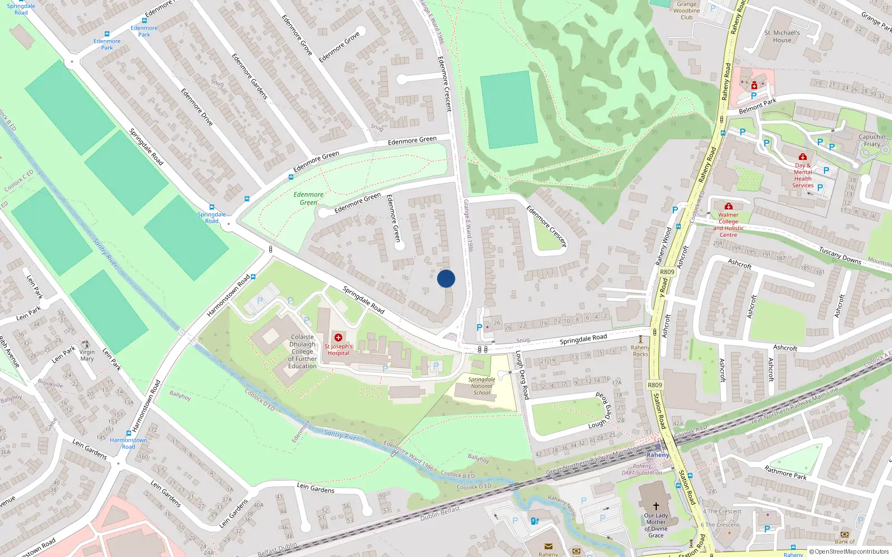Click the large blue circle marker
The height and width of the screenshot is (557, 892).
[x=446, y=278]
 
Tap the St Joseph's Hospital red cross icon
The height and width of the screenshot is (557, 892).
[x=338, y=338]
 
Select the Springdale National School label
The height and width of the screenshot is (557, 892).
[x=482, y=386]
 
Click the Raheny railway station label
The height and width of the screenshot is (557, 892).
[x=658, y=455]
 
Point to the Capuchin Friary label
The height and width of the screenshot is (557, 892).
[x=872, y=140]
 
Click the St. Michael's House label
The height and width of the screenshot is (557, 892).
[x=782, y=37]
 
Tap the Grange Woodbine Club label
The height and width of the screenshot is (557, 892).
[x=686, y=11]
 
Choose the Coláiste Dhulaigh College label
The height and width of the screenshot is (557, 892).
[x=303, y=351]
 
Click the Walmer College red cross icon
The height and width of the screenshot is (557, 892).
[x=728, y=207]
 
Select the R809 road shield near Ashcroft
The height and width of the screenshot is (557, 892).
[x=667, y=272]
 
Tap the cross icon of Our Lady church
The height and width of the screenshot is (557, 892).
[x=656, y=506]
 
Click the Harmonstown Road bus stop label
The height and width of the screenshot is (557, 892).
[x=129, y=443]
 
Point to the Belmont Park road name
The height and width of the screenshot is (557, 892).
[x=757, y=106]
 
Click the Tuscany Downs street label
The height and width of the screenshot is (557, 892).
[x=840, y=256]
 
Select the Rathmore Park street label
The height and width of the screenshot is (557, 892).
[x=785, y=472]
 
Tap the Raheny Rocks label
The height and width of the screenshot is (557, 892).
[x=641, y=351]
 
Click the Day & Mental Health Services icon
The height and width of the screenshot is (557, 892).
[x=803, y=157]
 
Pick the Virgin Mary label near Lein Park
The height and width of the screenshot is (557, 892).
[x=87, y=355]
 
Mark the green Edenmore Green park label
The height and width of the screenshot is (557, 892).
[x=308, y=199]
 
